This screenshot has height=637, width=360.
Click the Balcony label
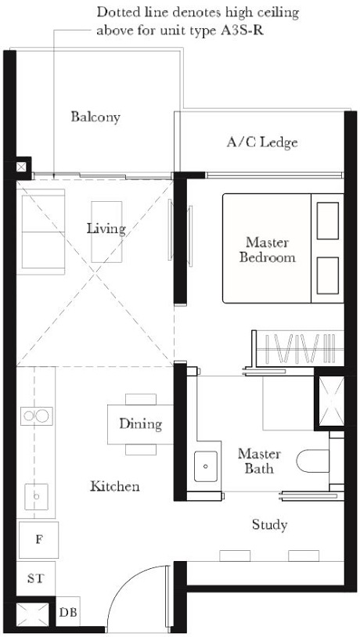95,117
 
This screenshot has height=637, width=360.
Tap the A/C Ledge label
262,142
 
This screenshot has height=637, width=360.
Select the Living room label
106,229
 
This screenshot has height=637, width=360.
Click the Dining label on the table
141,424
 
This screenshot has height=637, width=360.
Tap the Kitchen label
115,486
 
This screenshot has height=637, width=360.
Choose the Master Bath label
255,461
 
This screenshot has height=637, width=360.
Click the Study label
269,524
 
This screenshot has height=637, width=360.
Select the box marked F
38,540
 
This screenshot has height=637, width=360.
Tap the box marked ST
35,579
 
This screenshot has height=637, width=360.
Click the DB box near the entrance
68,613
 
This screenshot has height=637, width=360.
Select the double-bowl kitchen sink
36,416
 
